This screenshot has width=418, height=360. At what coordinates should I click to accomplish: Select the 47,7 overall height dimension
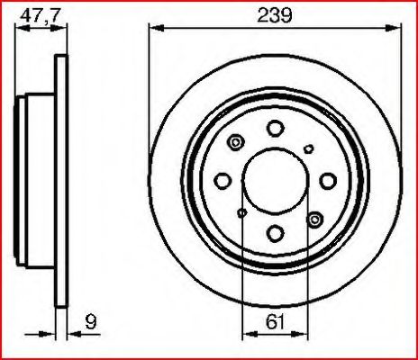[x=36, y=15]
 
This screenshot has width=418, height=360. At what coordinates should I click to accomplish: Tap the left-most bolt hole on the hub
[x=223, y=181]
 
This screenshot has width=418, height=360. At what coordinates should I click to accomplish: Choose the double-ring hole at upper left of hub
[x=237, y=142]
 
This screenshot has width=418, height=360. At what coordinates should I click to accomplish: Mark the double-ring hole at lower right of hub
[x=313, y=219]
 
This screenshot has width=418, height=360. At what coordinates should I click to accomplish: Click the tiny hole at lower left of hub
[x=241, y=212]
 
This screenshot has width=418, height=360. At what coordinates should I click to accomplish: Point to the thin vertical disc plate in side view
[x=62, y=180]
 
